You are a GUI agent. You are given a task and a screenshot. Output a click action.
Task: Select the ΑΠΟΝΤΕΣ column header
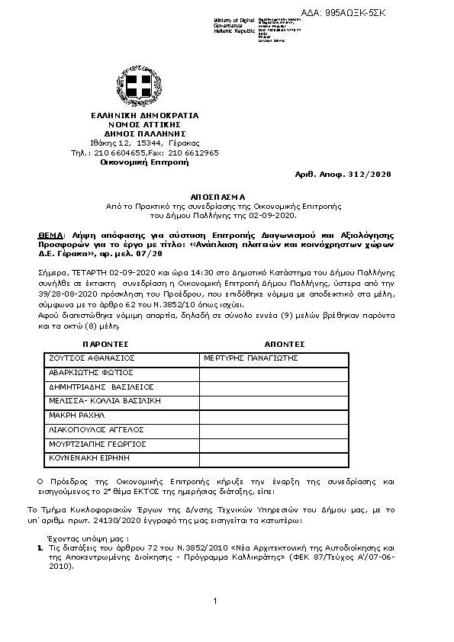pyautogui.click(x=284, y=344)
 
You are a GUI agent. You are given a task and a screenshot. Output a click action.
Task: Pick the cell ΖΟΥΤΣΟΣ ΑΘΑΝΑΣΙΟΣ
pyautogui.click(x=92, y=357)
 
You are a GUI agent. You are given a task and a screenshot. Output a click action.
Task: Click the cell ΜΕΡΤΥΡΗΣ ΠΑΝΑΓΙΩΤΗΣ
pyautogui.click(x=250, y=357)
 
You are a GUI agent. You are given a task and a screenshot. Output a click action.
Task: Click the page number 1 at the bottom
pyautogui.click(x=216, y=602)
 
